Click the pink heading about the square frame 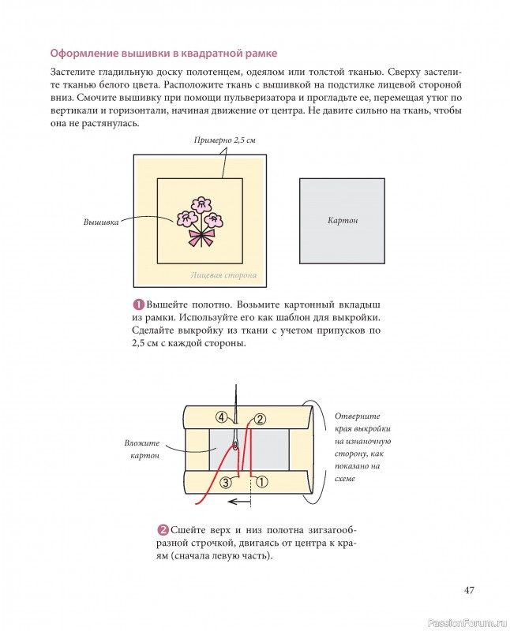coord(163,54)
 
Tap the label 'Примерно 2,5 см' coord(225,140)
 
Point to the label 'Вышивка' coord(101,222)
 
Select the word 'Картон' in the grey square coord(342,220)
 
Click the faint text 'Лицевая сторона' coord(223,276)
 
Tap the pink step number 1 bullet coord(137,304)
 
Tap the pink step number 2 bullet coord(163,529)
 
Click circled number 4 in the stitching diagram coord(222,416)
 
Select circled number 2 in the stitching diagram coord(261,420)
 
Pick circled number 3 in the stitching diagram coord(226,481)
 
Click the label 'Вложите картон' coord(142,450)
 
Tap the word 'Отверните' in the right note coord(358,416)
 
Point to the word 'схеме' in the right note coord(345,479)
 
